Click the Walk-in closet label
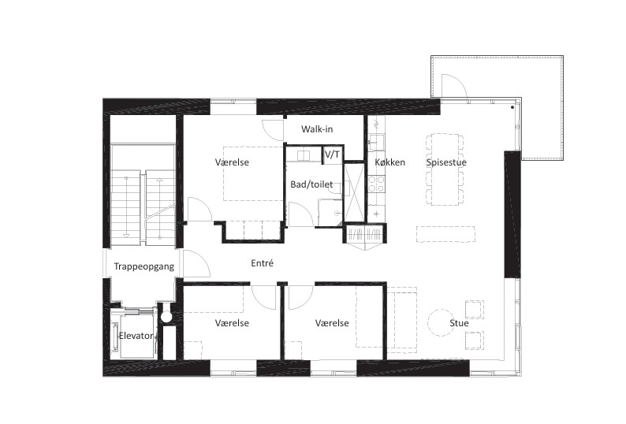pos(317,129)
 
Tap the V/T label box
pos(332,154)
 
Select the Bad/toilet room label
pos(311,184)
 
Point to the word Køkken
pos(390,162)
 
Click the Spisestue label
pos(446,162)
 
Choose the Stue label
pos(459,323)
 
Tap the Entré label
pos(263,263)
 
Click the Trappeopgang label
pos(144,266)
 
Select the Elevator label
pos(136,336)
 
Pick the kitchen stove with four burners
pos(376,184)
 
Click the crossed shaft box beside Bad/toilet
pos(354,192)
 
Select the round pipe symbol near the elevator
pos(166,317)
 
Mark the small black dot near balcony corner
pos(512,107)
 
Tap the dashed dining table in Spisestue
pos(445,169)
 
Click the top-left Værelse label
pos(232,162)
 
